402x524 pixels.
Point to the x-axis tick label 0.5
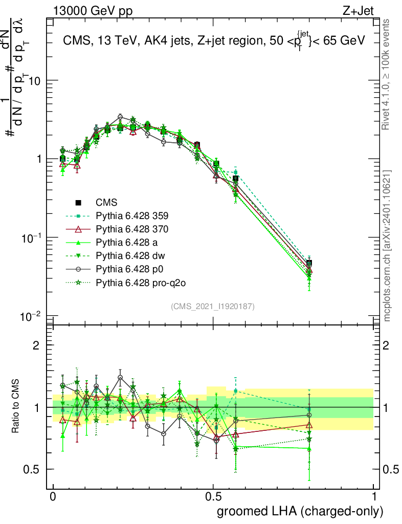click(x=213, y=497)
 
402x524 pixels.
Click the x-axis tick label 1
click(x=373, y=497)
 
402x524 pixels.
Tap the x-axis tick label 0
click(x=53, y=497)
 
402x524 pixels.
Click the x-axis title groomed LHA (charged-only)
click(x=301, y=511)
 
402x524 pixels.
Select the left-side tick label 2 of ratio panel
click(x=36, y=345)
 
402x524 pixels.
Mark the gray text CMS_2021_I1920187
click(x=213, y=306)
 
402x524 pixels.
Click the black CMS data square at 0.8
click(x=309, y=264)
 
